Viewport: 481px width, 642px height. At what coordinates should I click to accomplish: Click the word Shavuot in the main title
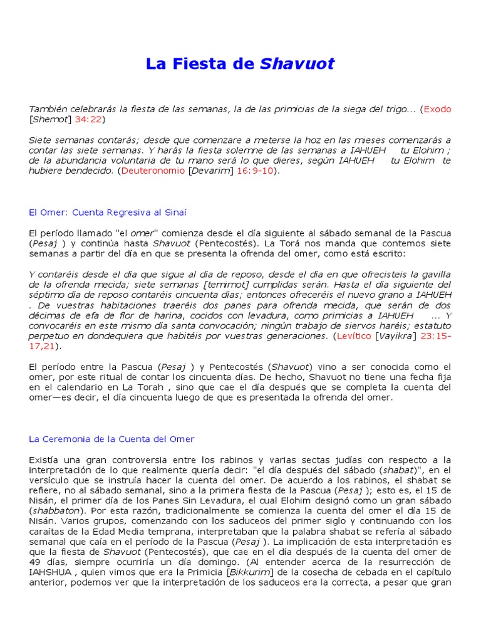297,63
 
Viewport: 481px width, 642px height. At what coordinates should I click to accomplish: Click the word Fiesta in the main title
197,63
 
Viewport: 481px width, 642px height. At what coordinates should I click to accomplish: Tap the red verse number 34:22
88,119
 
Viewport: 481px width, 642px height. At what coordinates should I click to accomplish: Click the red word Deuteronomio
153,171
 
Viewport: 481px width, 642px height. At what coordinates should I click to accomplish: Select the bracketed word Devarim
210,171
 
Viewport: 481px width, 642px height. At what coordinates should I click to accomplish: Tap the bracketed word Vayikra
393,336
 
